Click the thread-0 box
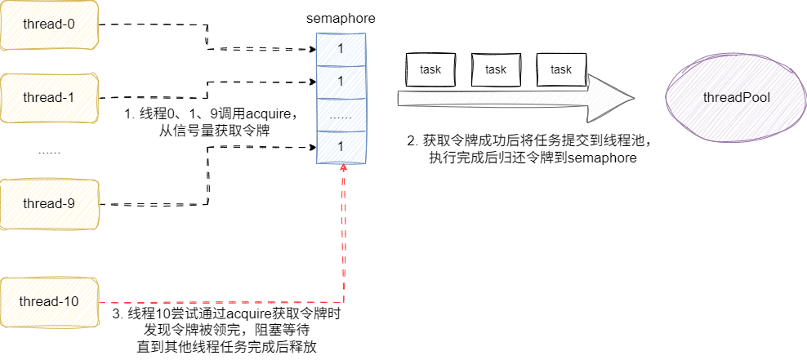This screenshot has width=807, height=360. pyautogui.click(x=49, y=24)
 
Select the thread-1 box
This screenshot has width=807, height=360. pyautogui.click(x=49, y=97)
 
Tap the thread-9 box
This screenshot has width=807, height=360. pyautogui.click(x=49, y=203)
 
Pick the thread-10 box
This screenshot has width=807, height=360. pyautogui.click(x=49, y=301)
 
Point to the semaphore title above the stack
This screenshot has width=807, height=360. pyautogui.click(x=341, y=18)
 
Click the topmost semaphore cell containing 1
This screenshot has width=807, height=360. pyautogui.click(x=341, y=49)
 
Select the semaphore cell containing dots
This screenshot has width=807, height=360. pyautogui.click(x=341, y=116)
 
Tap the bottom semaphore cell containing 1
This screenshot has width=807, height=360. pyautogui.click(x=341, y=146)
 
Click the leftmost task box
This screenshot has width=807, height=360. pyautogui.click(x=430, y=69)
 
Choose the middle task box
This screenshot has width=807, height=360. pyautogui.click(x=496, y=69)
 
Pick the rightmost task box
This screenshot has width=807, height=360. pyautogui.click(x=561, y=69)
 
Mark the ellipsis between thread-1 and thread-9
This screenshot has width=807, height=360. pyautogui.click(x=49, y=152)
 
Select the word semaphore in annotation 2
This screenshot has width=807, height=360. pyautogui.click(x=603, y=158)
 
